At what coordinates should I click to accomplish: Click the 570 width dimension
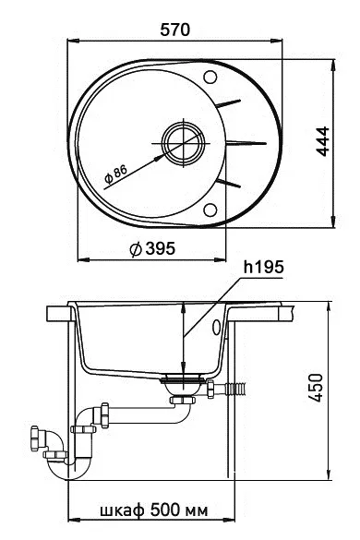tap(175, 29)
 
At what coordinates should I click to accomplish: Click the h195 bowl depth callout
tap(262, 267)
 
